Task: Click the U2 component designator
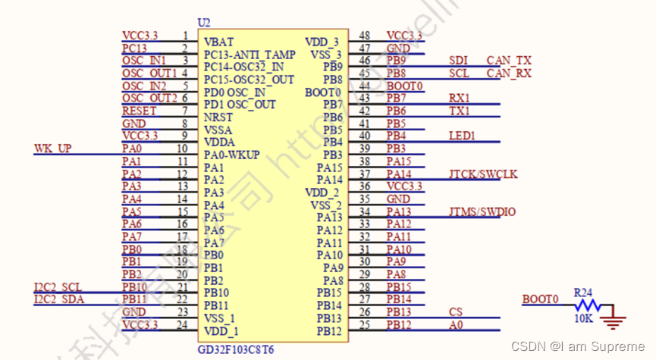(204, 23)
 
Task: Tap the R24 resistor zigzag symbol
(587, 305)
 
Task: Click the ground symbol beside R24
(612, 321)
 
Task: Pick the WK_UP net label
(53, 148)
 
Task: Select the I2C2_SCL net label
(58, 286)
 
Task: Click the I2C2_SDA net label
(58, 299)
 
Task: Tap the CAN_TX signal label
(509, 60)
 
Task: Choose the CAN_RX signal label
(509, 73)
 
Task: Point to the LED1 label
(462, 136)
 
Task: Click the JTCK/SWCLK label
(483, 174)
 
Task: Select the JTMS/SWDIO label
(482, 211)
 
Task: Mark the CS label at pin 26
(455, 311)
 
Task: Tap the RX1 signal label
(460, 98)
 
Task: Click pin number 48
(365, 36)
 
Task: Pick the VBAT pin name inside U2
(219, 42)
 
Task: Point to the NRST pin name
(218, 117)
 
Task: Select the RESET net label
(140, 111)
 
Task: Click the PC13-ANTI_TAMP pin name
(250, 54)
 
